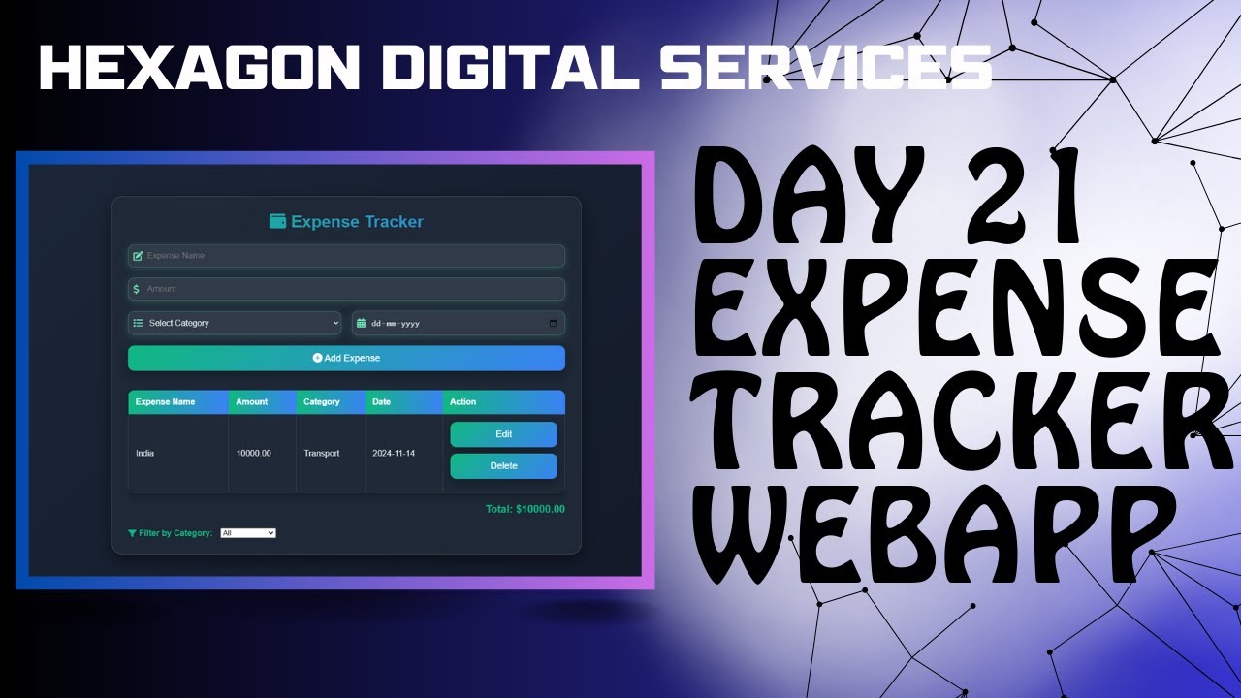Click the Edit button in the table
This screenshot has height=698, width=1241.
pyautogui.click(x=503, y=434)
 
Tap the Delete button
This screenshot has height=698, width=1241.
pyautogui.click(x=503, y=466)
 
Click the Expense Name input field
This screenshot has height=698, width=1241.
pyautogui.click(x=346, y=256)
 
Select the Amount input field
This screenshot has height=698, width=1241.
pyautogui.click(x=346, y=289)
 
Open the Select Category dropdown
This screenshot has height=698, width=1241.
pyautogui.click(x=235, y=323)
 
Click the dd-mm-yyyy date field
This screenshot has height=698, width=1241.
pyautogui.click(x=458, y=323)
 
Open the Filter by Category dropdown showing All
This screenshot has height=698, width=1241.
pyautogui.click(x=248, y=533)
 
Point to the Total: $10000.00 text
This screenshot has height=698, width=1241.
pyautogui.click(x=525, y=509)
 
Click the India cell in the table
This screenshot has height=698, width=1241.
pyautogui.click(x=145, y=454)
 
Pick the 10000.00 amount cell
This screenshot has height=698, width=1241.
pyautogui.click(x=254, y=454)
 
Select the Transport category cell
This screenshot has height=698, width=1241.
pyautogui.click(x=322, y=454)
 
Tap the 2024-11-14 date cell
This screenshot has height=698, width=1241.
pyautogui.click(x=394, y=454)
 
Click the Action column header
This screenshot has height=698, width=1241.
pyautogui.click(x=463, y=402)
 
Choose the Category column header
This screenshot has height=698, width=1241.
pyautogui.click(x=322, y=402)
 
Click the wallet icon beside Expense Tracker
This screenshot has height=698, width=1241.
pyautogui.click(x=277, y=221)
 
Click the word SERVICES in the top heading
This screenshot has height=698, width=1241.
pyautogui.click(x=825, y=67)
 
